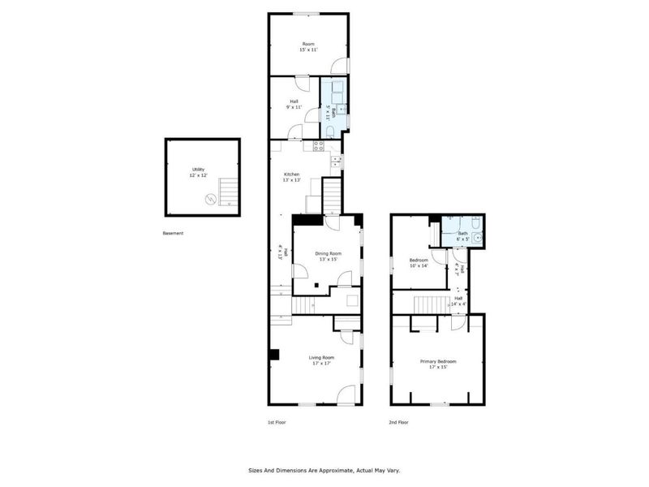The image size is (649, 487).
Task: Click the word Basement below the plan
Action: point(173,233)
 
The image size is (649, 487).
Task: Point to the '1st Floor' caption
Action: point(277,422)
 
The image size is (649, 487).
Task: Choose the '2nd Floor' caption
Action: point(398,422)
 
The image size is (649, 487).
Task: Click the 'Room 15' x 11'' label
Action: point(308,46)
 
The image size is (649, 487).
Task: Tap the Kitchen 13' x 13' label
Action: point(291,177)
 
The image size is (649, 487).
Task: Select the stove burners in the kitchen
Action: point(318,146)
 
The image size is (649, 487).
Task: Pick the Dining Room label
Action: point(329,256)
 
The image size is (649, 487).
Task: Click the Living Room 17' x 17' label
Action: point(321,360)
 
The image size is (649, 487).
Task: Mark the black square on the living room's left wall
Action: point(274,354)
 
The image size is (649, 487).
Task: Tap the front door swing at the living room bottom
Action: point(346,396)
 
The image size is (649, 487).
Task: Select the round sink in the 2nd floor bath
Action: point(477,238)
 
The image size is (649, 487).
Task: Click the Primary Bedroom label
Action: point(437,364)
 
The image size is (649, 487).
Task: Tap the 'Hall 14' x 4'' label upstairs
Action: point(458,300)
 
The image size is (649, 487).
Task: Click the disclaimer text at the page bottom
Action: point(324,470)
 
